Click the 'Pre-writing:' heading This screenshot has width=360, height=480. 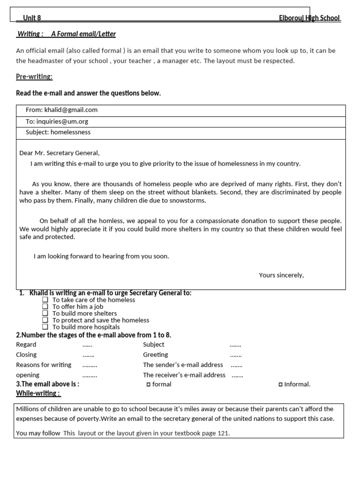[34, 76]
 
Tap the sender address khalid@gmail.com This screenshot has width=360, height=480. [71, 110]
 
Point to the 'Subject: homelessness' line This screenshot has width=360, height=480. [58, 132]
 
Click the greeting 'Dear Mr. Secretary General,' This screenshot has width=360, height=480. [60, 153]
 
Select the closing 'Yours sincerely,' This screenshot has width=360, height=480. [281, 275]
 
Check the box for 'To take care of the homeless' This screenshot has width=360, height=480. [45, 300]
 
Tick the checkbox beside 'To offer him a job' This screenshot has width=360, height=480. [45, 307]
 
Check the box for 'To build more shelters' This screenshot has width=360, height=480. [45, 313]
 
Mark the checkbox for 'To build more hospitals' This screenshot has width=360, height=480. [45, 327]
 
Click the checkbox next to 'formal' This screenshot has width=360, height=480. [148, 384]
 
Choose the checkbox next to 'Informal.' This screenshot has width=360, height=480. [280, 384]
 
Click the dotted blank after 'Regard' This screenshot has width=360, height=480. [87, 345]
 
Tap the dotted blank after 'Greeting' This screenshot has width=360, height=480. [236, 355]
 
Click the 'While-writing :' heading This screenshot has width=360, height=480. [37, 393]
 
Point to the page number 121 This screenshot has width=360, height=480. [223, 433]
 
